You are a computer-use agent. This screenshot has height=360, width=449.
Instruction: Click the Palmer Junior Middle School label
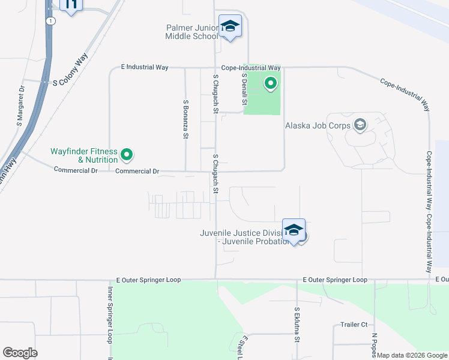(192, 32)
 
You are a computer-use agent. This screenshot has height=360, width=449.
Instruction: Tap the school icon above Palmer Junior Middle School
(230, 26)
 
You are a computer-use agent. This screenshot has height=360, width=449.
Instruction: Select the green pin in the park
(271, 83)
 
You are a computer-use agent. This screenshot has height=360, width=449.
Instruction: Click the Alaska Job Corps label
(318, 125)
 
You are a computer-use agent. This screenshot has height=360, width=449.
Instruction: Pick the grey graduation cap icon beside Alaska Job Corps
(360, 125)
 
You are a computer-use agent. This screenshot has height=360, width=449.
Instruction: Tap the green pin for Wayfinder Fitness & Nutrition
(127, 155)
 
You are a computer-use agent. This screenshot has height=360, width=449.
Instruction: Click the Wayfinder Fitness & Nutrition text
(85, 156)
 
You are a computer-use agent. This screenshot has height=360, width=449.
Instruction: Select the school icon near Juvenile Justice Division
(294, 230)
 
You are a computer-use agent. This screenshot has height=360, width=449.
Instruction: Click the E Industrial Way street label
(144, 67)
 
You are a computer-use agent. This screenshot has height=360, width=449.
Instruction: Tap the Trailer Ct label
(354, 325)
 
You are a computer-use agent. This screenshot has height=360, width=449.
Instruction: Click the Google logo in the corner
(20, 353)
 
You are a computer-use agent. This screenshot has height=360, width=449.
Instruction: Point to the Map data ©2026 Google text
(412, 355)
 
